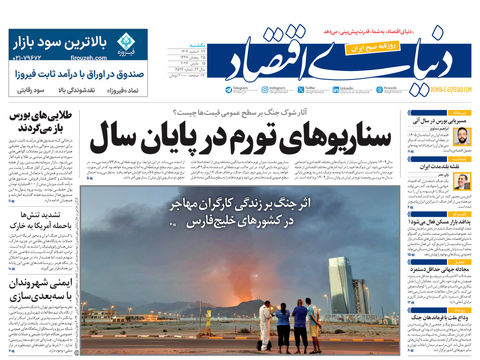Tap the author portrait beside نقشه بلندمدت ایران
(x=462, y=182)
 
